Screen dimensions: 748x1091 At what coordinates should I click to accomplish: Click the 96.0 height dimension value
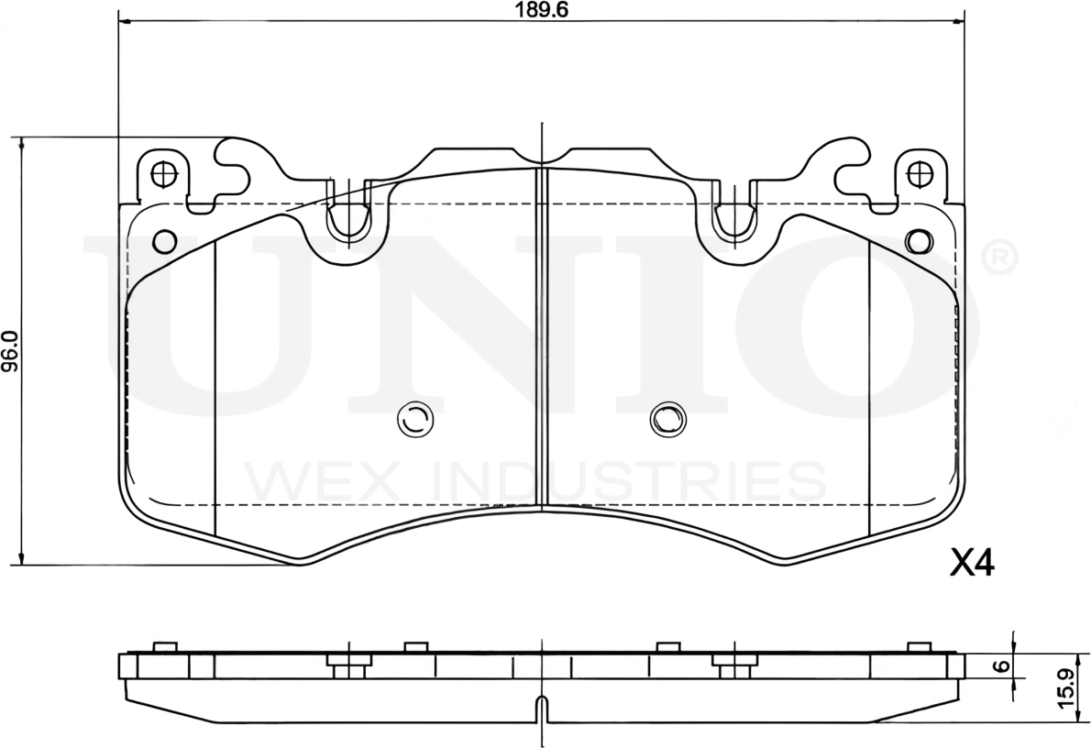(9, 351)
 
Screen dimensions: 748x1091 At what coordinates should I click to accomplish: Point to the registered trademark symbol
(999, 258)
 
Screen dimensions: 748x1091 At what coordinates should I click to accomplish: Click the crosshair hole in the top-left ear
(164, 172)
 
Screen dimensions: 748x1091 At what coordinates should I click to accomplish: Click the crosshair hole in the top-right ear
(919, 172)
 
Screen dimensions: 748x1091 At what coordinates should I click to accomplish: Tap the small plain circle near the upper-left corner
(164, 241)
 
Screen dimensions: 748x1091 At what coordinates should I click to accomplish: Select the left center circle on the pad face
(413, 420)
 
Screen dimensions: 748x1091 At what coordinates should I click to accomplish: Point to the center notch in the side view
(542, 709)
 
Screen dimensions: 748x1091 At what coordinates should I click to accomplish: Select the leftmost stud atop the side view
(163, 647)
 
